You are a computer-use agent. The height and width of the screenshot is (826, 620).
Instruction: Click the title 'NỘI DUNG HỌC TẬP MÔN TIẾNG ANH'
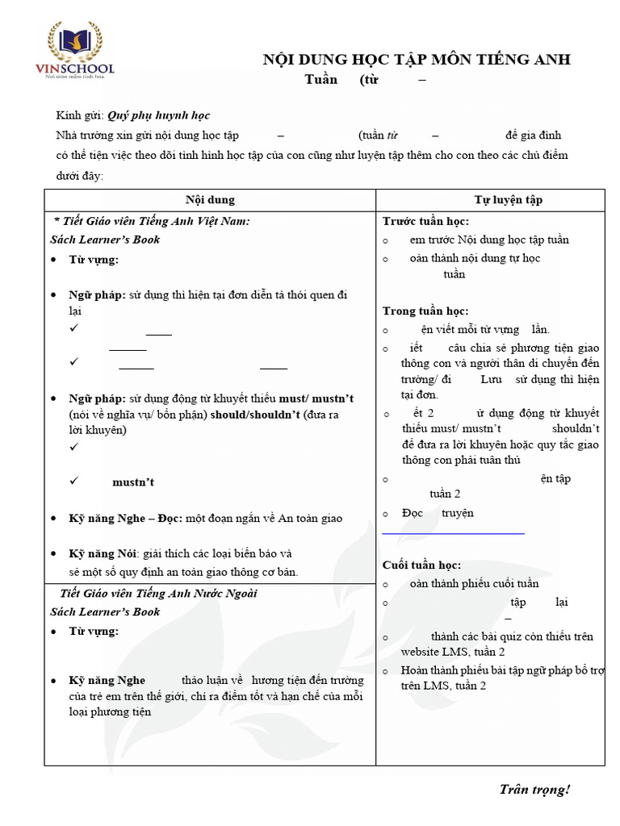(417, 60)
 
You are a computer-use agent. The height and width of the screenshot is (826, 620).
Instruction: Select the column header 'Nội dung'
(210, 200)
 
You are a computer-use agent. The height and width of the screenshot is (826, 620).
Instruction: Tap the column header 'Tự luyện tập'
(508, 200)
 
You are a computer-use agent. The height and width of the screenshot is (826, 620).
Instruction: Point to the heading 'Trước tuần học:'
(425, 221)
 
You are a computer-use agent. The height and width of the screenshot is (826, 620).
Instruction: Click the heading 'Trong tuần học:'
(425, 311)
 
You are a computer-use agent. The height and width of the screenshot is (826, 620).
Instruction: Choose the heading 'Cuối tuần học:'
(421, 565)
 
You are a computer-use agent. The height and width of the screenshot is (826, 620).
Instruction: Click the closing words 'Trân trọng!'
(534, 789)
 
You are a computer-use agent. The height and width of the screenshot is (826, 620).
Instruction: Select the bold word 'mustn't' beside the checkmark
(133, 482)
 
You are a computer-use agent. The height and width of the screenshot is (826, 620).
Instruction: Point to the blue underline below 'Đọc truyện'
(453, 533)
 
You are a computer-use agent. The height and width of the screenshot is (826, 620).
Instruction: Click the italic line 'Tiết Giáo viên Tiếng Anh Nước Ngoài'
(158, 594)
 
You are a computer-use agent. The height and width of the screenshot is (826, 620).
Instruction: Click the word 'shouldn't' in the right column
(576, 428)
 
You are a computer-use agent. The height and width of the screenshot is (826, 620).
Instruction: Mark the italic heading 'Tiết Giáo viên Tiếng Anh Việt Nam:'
(152, 221)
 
